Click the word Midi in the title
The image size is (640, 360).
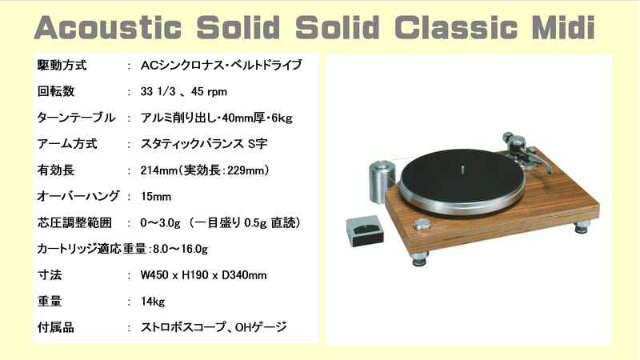tap(562, 27)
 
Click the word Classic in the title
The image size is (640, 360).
tap(456, 27)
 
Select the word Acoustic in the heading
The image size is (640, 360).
tap(108, 27)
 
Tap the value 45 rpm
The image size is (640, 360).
tap(209, 91)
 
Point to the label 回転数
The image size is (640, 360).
tap(56, 91)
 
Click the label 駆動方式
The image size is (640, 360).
tap(62, 65)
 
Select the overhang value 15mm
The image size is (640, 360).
tap(156, 196)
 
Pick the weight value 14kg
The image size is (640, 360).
tap(153, 302)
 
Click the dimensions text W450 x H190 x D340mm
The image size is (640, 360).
tap(204, 275)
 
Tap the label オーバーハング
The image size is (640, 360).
tap(78, 196)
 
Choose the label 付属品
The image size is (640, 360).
tap(56, 327)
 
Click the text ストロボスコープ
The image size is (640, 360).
tap(183, 327)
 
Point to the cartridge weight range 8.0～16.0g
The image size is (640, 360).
tap(181, 249)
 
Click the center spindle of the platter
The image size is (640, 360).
tap(462, 169)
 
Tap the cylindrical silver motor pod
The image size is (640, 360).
tap(382, 182)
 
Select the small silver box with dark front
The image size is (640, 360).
tap(365, 231)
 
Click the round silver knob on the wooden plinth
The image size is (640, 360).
tap(422, 224)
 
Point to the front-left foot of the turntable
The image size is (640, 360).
tap(420, 258)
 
